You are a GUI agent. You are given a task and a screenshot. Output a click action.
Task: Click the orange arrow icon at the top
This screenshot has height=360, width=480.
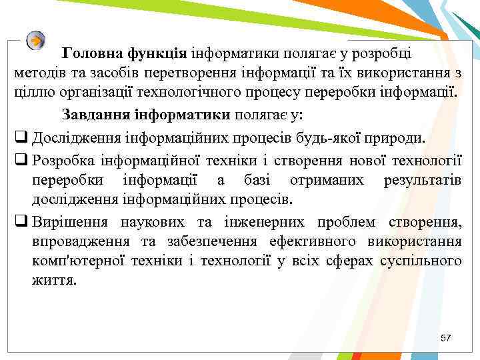(x=36, y=40)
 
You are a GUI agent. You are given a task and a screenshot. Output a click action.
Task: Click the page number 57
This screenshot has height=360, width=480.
(x=446, y=339)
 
